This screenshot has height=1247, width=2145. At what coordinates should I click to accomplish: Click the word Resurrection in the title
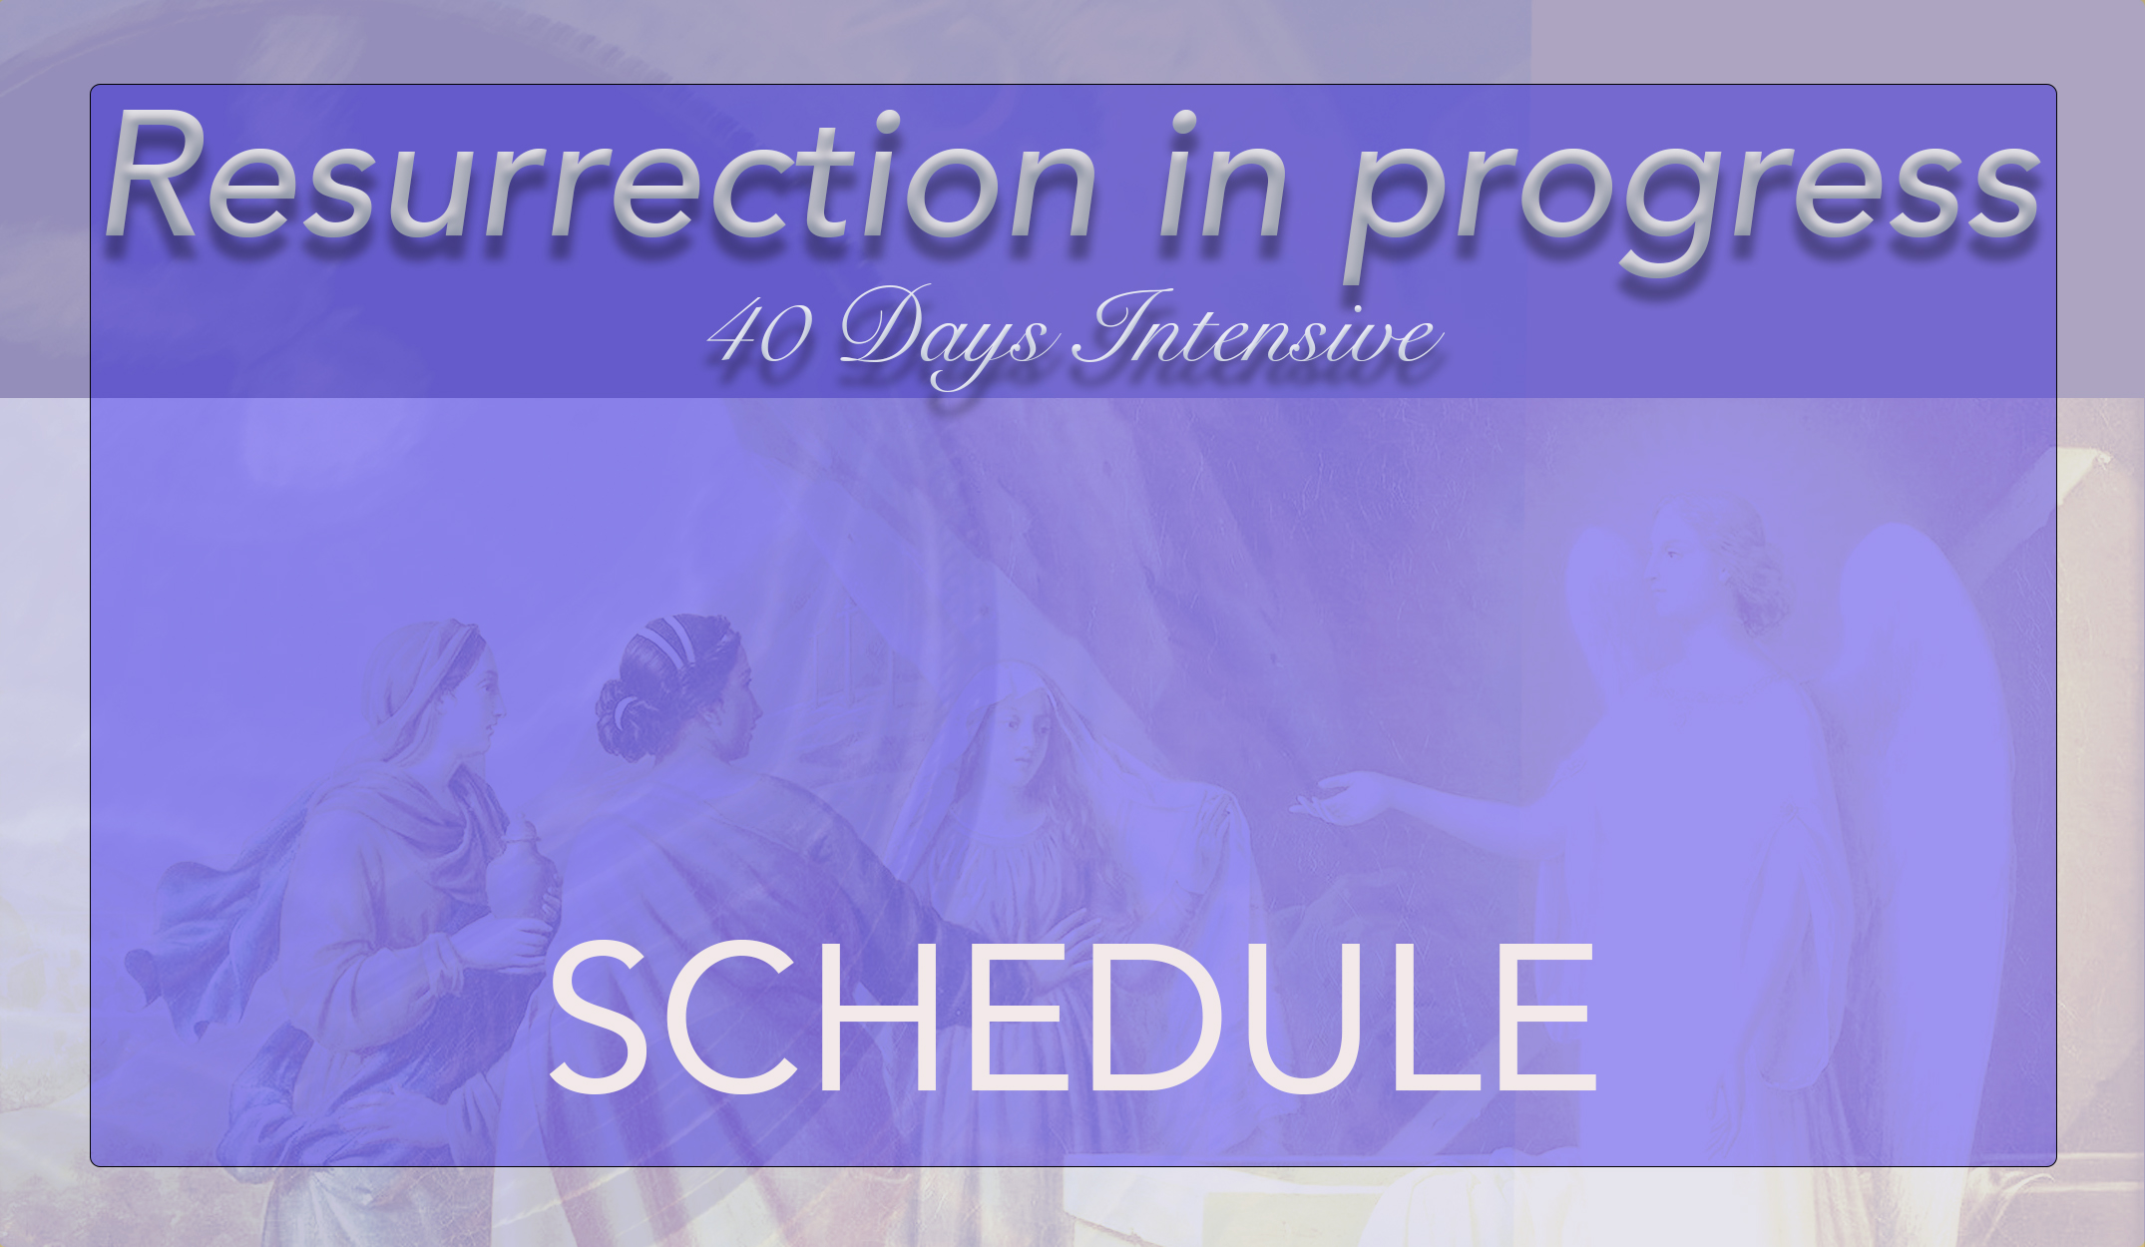click(599, 180)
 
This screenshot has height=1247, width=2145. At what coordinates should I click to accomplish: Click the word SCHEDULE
click(1072, 1018)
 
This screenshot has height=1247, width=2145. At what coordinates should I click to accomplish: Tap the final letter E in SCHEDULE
click(1551, 1018)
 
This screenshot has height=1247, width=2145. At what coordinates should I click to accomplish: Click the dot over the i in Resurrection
click(886, 123)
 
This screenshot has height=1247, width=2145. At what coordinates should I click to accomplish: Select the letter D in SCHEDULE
click(1157, 1018)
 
